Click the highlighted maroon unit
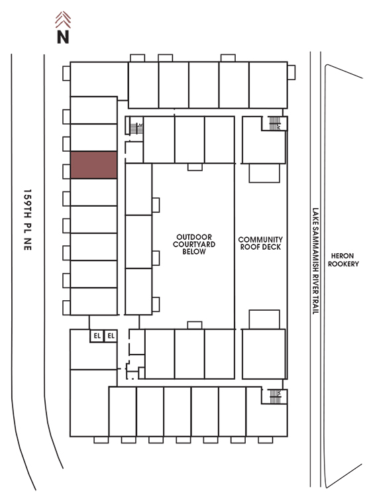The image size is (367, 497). click(x=94, y=165)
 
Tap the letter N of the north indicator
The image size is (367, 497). click(x=63, y=36)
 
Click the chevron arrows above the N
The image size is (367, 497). click(x=63, y=19)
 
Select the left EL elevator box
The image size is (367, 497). click(x=97, y=336)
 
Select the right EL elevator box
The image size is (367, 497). click(x=111, y=336)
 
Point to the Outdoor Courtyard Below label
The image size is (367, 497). click(x=194, y=244)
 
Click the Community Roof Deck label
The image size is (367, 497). click(x=260, y=243)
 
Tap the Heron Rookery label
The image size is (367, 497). click(x=343, y=260)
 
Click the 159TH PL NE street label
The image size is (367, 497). click(x=28, y=219)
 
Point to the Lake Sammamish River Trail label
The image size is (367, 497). click(x=315, y=261)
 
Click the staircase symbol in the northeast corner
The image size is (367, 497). click(x=275, y=123)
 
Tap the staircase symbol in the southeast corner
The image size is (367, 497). click(x=275, y=396)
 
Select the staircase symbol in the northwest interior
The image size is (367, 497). click(x=136, y=129)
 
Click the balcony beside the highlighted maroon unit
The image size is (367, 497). click(x=66, y=171)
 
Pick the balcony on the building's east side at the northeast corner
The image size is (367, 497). click(x=291, y=73)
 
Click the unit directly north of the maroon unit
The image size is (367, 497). click(x=94, y=138)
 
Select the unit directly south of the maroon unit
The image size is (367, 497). click(x=94, y=192)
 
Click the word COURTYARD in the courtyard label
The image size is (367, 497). click(x=194, y=244)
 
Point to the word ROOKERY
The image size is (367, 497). click(x=343, y=264)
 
